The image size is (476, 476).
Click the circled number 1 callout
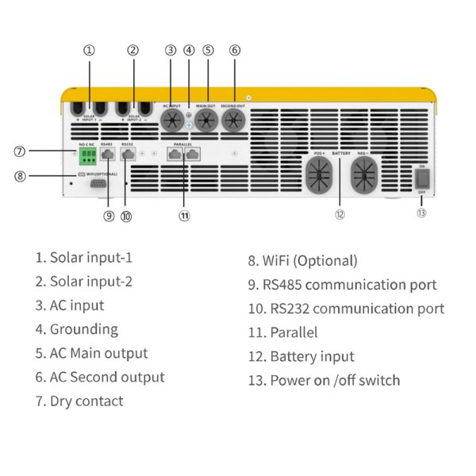[89, 49]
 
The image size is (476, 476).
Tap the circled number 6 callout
[235, 49]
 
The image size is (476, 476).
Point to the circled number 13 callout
[421, 212]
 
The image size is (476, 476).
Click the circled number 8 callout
[21, 176]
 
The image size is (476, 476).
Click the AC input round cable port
[172, 121]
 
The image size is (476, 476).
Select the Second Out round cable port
[235, 121]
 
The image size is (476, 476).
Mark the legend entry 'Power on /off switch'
[324, 380]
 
